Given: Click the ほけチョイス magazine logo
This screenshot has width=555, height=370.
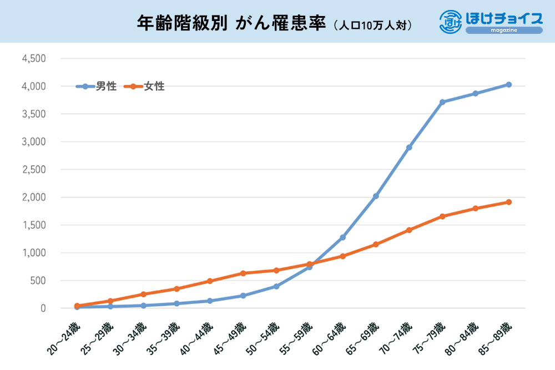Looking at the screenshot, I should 491,22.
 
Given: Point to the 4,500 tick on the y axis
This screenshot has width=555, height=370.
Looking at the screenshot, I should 34,59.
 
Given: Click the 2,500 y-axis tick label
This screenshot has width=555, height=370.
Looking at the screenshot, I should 34,170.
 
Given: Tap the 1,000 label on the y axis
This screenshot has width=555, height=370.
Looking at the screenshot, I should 34,253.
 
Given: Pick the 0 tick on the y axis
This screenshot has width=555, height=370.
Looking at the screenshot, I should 42,308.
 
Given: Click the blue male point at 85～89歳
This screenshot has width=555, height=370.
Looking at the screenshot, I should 508,84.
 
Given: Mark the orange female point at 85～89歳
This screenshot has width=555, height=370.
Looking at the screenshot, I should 508,202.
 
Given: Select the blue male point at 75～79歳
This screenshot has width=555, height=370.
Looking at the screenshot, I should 442,102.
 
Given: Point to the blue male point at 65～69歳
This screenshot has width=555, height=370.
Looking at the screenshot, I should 376,196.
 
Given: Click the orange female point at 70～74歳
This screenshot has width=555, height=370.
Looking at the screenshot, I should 409,230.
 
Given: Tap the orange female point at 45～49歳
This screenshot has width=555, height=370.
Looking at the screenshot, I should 243,273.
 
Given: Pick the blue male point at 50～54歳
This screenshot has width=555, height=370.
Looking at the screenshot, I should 276,286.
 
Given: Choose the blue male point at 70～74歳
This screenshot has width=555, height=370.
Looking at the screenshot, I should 409,148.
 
